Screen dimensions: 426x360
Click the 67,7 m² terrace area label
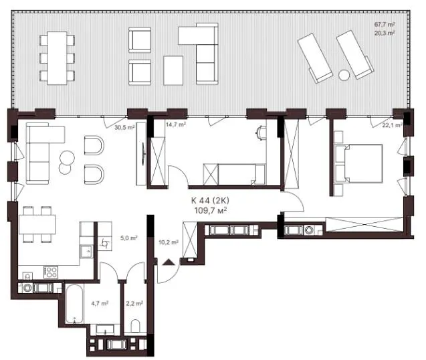(385, 24)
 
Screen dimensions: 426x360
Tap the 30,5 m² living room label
(124, 127)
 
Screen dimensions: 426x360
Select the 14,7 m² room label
(175, 124)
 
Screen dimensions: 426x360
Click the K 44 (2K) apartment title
(210, 201)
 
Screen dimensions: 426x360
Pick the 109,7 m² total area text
(211, 210)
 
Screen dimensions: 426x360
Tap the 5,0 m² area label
(129, 238)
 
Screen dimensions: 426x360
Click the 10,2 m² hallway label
(169, 242)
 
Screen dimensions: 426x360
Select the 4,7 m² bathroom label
(100, 303)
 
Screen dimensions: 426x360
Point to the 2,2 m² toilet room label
(135, 303)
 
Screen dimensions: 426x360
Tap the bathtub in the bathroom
(74, 304)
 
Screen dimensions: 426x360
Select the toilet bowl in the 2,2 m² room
(135, 325)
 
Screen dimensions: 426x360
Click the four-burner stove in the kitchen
(51, 272)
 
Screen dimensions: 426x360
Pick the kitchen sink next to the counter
(87, 251)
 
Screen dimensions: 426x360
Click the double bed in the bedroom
(358, 163)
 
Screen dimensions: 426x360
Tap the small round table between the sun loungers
(344, 75)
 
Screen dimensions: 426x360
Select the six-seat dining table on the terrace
(57, 58)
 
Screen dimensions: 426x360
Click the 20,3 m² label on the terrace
(385, 33)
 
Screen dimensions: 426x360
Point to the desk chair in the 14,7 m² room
(261, 132)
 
